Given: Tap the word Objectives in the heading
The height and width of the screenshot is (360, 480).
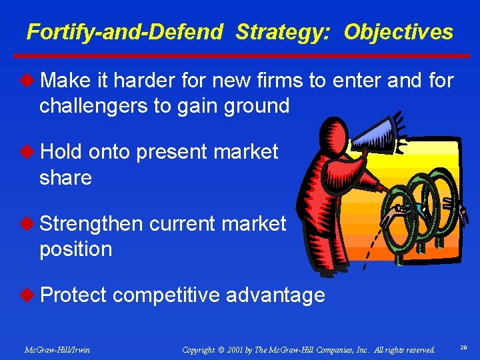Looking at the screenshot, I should coord(398,32).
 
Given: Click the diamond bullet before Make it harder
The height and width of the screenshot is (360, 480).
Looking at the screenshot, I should coord(31,81).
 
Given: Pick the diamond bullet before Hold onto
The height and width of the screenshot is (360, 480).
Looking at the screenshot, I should coord(31,152).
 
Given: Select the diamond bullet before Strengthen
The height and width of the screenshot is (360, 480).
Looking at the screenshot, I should coord(31,224).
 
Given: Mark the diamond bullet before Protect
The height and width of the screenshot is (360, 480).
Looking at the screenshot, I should coord(31,295).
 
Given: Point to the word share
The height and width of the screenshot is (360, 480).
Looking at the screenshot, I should coord(65,177).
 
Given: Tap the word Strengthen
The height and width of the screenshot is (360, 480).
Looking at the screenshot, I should coord(91,224).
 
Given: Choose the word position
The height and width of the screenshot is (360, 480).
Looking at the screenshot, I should coord(75,249).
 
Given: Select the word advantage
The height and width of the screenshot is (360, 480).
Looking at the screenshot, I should coord(275,295).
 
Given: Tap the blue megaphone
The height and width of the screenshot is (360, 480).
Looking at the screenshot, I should coord(377,133).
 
